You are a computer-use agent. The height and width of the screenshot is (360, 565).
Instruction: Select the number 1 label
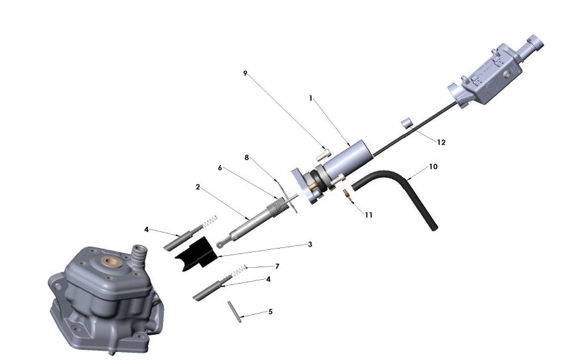pyautogui.click(x=310, y=98)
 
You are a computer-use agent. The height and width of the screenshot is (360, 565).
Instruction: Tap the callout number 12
pyautogui.click(x=441, y=143)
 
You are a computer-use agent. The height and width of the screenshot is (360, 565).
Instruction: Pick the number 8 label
pyautogui.click(x=246, y=158)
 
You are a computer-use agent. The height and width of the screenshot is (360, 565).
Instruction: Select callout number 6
pyautogui.click(x=220, y=168)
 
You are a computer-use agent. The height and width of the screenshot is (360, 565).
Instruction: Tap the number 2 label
pyautogui.click(x=198, y=187)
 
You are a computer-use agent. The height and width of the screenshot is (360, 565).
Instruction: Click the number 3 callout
pyautogui.click(x=310, y=244)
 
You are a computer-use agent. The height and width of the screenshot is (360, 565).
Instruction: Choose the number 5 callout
pyautogui.click(x=270, y=312)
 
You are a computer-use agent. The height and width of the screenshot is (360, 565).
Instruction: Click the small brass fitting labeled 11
pyautogui.click(x=346, y=195)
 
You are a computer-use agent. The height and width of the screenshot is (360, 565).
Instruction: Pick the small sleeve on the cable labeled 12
pyautogui.click(x=407, y=123)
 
